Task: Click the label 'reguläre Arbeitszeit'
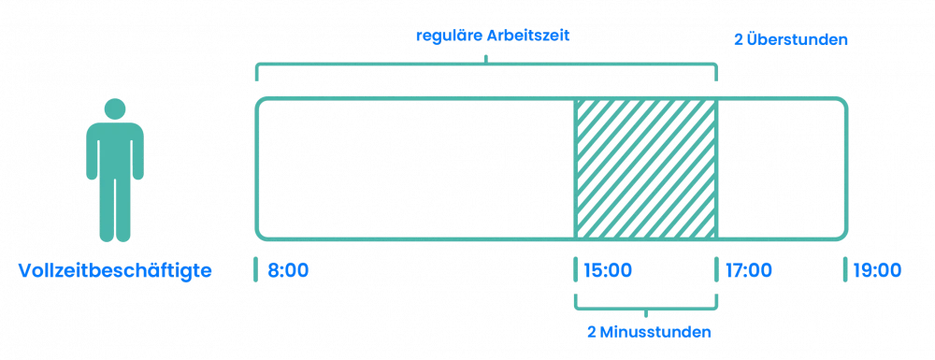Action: point(493,36)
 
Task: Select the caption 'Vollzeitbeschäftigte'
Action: point(114,271)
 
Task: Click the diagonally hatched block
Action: point(644,166)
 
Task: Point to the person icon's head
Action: point(114,108)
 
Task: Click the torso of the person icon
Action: point(114,150)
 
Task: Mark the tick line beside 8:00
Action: point(255,269)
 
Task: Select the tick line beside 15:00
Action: point(572,269)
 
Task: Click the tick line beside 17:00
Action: point(717,269)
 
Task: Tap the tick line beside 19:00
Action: point(845,269)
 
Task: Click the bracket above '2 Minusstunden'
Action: point(644,307)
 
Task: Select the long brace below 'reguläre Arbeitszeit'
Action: point(485,65)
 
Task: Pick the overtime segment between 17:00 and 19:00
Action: point(782,166)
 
